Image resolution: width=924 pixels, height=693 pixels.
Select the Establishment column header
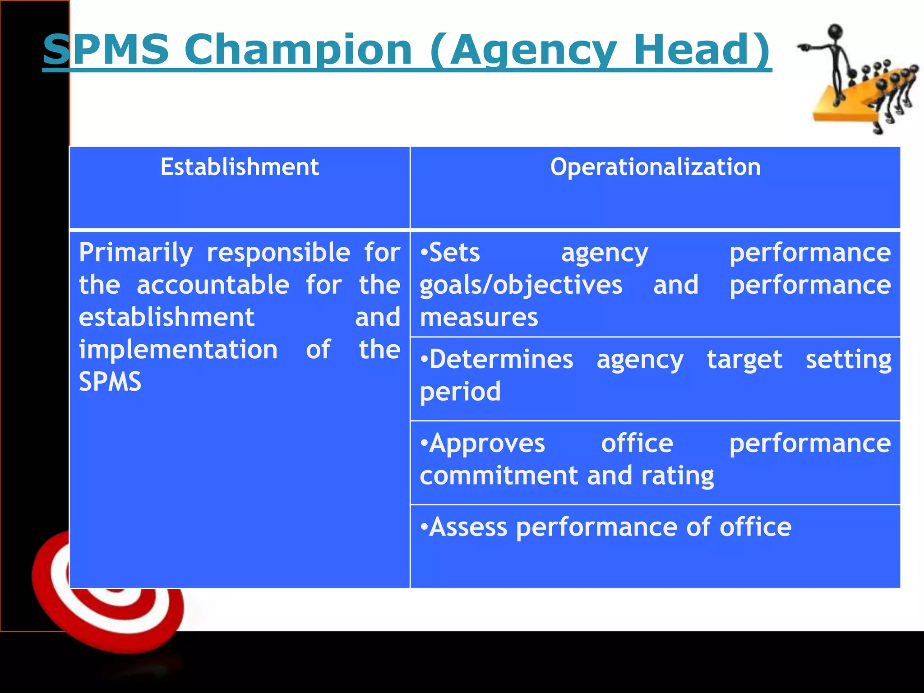(x=240, y=167)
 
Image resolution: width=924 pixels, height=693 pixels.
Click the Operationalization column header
(x=655, y=167)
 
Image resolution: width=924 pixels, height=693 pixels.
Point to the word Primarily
(x=136, y=252)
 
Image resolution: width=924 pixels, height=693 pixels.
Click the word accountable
(x=213, y=285)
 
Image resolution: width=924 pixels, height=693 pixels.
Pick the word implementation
(x=178, y=350)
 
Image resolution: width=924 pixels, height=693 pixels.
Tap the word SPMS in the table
(x=110, y=382)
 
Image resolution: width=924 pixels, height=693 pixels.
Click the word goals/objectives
(x=521, y=286)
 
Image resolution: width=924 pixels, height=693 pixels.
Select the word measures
(x=479, y=317)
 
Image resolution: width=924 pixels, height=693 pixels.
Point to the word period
(x=460, y=392)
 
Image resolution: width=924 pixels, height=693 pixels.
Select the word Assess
(x=468, y=527)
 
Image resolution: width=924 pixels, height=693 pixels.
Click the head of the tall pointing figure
(x=836, y=32)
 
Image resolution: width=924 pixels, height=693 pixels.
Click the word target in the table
(x=744, y=360)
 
